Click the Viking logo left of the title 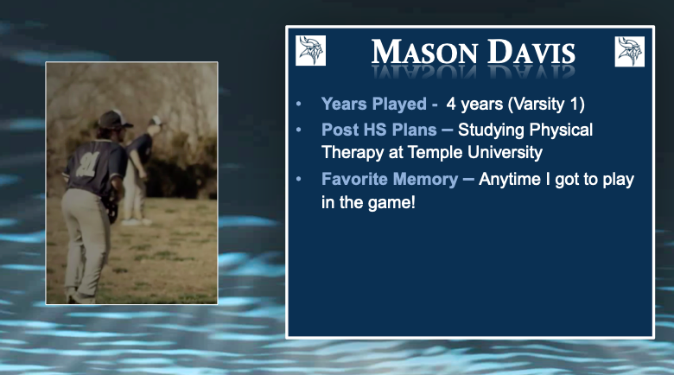310,51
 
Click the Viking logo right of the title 630,51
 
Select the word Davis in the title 531,54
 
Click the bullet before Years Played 299,105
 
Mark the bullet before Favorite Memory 299,180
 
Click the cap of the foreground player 112,120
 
